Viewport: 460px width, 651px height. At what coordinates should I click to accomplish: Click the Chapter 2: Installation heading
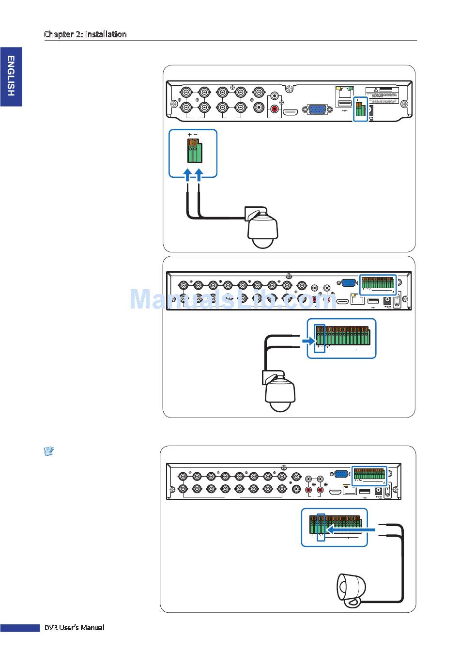[x=85, y=34]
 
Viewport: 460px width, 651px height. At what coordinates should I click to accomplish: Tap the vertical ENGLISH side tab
[x=11, y=76]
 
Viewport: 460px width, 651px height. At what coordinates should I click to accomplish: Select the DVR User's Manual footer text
[x=74, y=627]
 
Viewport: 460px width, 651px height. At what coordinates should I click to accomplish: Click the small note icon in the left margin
[x=48, y=451]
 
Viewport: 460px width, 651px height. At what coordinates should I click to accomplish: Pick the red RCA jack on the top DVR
[x=276, y=110]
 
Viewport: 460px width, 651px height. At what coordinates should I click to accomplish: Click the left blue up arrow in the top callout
[x=188, y=174]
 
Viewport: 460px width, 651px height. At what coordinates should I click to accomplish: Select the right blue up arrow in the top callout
[x=199, y=174]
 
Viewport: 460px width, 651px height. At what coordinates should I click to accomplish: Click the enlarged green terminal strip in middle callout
[x=342, y=334]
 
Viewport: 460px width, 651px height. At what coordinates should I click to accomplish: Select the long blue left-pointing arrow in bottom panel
[x=352, y=531]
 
